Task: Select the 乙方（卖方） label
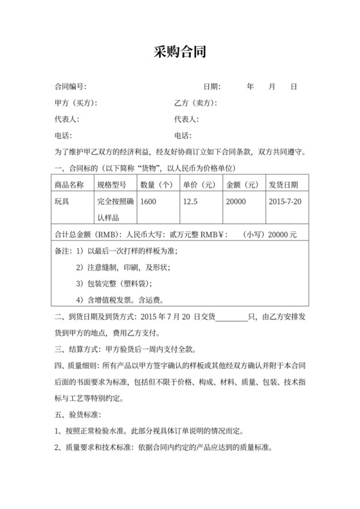coord(195,103)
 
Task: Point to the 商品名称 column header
coord(70,184)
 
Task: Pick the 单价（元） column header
coord(200,184)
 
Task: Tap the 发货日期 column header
coord(283,184)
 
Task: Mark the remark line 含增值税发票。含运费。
coord(120,299)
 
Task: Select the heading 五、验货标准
coord(76,415)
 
